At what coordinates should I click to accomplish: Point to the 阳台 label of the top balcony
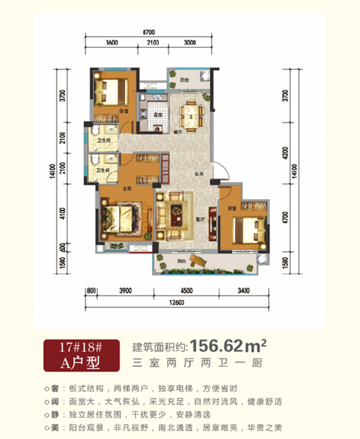pos(184,80)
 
